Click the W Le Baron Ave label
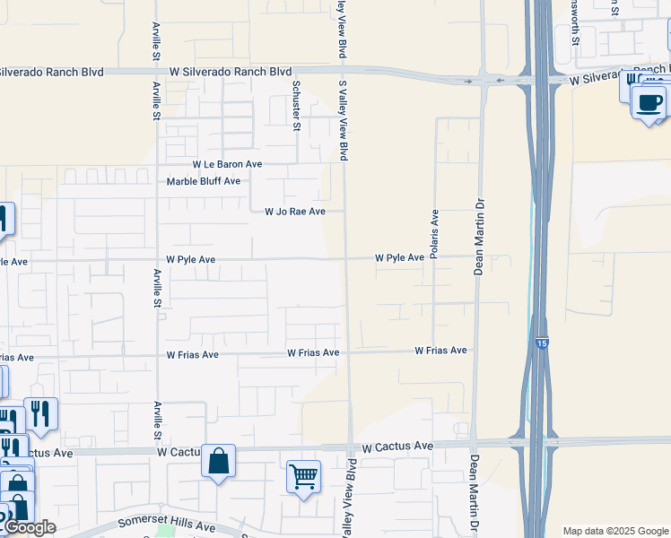coord(228,165)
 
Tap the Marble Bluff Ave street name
coord(204,181)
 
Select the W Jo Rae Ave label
coord(294,212)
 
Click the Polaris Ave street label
coord(434,234)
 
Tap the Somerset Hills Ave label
coord(167,525)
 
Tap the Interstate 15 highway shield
coord(540,343)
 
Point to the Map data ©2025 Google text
coord(614,531)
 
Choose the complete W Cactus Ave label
coord(397,447)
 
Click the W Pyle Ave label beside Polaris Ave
coord(399,258)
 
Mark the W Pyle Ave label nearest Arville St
coord(190,259)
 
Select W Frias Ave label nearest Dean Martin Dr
coord(440,351)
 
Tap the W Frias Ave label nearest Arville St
coord(192,355)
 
